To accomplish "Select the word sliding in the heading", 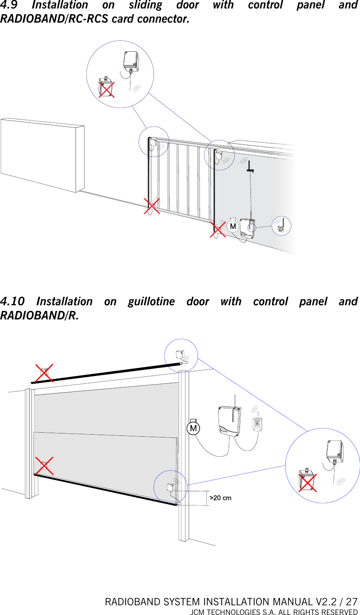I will tap(145, 5).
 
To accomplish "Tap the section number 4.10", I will tap(12, 302).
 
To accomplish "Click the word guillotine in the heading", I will tap(151, 302).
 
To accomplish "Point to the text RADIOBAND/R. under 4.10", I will tap(39, 315).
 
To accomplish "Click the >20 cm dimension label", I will tap(220, 498).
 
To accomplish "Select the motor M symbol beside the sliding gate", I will tap(233, 226).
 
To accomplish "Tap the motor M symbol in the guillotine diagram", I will tap(194, 428).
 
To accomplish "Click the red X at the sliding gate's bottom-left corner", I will tap(152, 206).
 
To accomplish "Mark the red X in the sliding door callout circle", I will tap(106, 89).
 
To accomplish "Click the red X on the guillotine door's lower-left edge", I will tap(44, 466).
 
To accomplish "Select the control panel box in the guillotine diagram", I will tap(229, 421).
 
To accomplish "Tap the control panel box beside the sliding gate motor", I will tap(247, 229).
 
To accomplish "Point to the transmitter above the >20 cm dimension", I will tap(171, 487).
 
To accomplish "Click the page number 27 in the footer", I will tap(352, 602).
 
